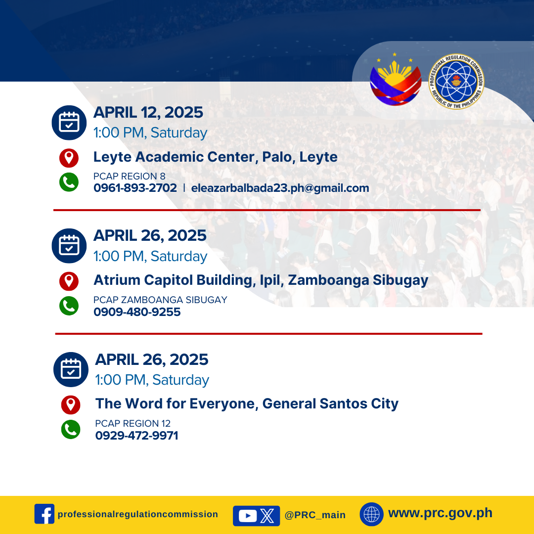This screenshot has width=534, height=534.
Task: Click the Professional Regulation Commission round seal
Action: (x=456, y=81)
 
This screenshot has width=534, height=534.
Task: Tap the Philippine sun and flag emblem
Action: (x=396, y=80)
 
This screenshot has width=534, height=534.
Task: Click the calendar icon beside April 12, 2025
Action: (x=69, y=123)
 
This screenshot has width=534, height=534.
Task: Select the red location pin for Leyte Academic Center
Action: (x=69, y=158)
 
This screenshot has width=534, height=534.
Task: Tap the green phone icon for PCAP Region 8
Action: (x=69, y=182)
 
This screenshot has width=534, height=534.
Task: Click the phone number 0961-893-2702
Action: (x=135, y=188)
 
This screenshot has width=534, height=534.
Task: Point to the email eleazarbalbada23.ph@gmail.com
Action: (x=280, y=188)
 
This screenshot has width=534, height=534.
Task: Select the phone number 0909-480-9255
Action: (x=137, y=311)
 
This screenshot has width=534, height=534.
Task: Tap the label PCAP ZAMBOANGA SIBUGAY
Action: (x=160, y=300)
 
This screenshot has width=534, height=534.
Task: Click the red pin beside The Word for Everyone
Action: (x=71, y=405)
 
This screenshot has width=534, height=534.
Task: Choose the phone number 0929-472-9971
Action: (x=136, y=435)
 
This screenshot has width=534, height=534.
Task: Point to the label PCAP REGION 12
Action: (x=133, y=423)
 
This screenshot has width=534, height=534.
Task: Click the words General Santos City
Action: (x=330, y=403)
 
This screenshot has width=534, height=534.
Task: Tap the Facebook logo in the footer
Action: (x=44, y=514)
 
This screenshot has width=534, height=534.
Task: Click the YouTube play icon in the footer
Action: (x=248, y=516)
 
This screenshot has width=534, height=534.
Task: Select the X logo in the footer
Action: (x=267, y=516)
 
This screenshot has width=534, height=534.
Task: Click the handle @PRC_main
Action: (x=315, y=515)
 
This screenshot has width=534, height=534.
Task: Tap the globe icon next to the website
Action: (x=371, y=514)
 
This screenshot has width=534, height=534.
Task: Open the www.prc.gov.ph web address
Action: (x=441, y=513)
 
